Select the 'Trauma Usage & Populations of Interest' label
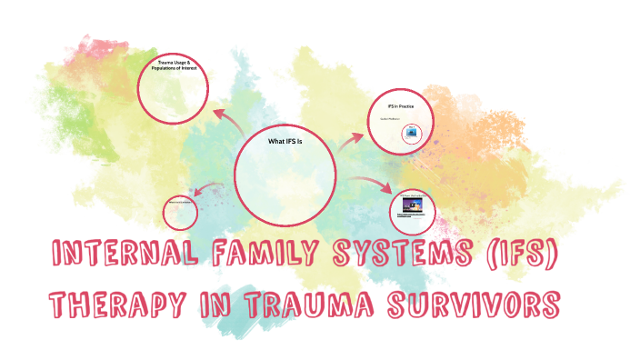coord(174,66)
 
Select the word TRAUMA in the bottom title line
coord(317,304)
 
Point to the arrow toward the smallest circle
coord(208,191)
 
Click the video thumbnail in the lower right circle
coord(412,205)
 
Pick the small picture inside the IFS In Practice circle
coord(412,133)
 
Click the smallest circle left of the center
coord(180,212)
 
